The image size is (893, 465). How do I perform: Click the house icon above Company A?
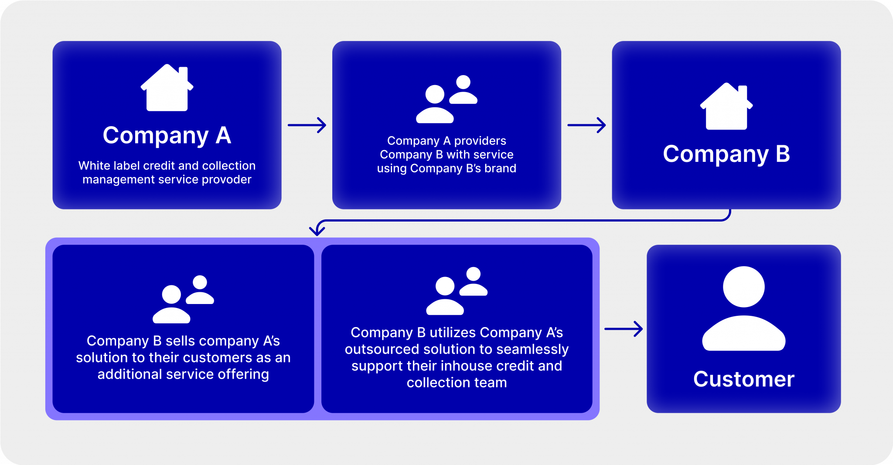coord(167,88)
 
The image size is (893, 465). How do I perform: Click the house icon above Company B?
coord(726,106)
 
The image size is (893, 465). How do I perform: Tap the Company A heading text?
coord(167,135)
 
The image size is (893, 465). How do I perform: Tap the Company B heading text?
coord(726,154)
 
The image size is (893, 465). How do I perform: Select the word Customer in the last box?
coord(744,379)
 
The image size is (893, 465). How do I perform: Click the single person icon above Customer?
coord(744,308)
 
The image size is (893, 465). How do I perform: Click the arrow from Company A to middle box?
coord(307,125)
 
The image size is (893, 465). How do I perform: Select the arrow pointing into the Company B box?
coord(586,125)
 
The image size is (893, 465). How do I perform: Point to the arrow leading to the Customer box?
coord(624,329)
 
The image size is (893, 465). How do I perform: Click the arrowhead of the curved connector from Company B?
coord(317,231)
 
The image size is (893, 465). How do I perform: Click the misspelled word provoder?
coord(226,180)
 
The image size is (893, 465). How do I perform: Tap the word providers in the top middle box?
coord(480,141)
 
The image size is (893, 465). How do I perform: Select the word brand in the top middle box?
coord(503,168)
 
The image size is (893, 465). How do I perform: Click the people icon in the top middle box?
coord(446,99)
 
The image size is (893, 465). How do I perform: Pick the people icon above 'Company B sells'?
coord(183,299)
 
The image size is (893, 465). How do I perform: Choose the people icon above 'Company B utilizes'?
coord(457,291)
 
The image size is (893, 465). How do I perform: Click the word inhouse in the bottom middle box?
coord(467,366)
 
